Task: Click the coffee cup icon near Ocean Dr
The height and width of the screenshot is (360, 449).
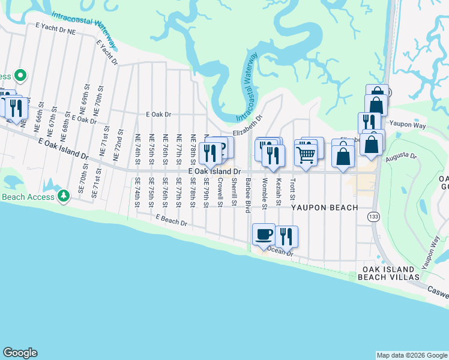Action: pos(264,233)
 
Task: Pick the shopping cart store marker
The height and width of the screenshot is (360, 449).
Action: pos(306,155)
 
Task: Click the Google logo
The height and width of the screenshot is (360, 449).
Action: pos(20,353)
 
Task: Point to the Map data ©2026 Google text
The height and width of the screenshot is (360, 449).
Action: pos(411,355)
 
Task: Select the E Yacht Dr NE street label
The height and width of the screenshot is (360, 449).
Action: pos(56,28)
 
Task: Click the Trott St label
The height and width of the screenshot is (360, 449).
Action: pos(292,189)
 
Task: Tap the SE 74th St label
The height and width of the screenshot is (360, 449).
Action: pos(137,192)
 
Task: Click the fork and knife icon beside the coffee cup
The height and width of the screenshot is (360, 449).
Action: pos(286,235)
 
